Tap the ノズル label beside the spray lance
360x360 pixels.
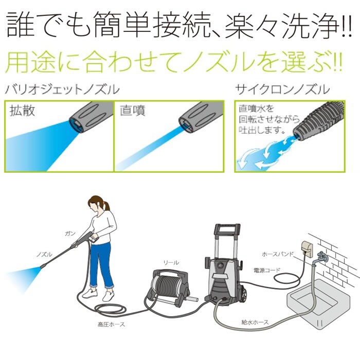click(43, 255)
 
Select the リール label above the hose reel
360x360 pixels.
click(171, 262)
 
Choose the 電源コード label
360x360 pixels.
click(266, 269)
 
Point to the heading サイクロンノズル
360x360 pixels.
click(282, 89)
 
